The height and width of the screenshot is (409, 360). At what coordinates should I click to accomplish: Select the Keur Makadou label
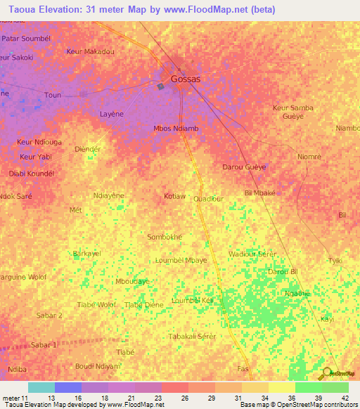[90, 51]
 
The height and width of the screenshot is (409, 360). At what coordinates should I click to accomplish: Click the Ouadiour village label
[209, 199]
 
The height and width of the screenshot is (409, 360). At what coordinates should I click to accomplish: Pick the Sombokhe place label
[165, 237]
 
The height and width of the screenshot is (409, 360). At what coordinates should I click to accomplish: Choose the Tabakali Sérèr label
[192, 337]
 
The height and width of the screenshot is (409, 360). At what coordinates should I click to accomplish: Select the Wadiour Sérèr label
[252, 253]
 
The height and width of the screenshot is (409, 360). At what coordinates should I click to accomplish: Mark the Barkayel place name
[87, 253]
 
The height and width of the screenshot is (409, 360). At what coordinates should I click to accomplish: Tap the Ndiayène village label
[109, 195]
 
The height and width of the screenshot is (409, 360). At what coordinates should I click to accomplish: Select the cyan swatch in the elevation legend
[41, 387]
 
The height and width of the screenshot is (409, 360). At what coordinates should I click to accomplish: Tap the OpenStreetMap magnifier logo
[326, 372]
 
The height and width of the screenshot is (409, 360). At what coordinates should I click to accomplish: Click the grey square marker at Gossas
[160, 86]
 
